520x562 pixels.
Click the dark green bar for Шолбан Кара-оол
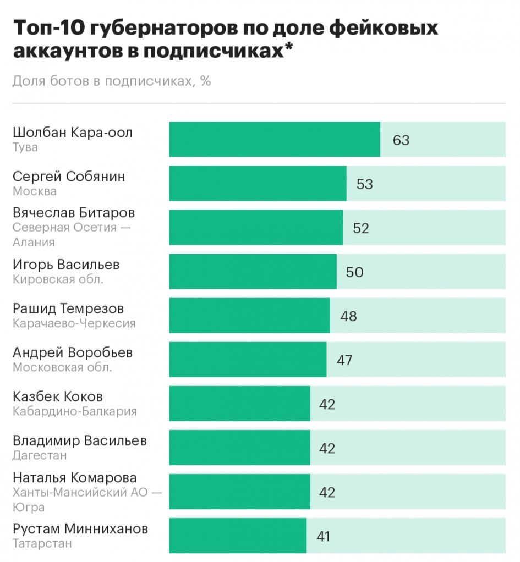[x=274, y=140]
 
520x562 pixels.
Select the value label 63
[x=401, y=140]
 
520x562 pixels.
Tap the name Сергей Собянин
[x=69, y=177]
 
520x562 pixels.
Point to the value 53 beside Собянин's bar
[x=365, y=184]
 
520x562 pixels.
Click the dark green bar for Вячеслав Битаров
[x=256, y=228]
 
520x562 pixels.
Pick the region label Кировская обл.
[x=58, y=279]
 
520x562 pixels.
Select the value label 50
[x=355, y=272]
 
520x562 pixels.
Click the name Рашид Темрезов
[x=68, y=309]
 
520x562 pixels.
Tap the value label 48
[x=348, y=316]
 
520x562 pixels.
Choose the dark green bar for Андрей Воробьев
[x=248, y=360]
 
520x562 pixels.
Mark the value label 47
[x=344, y=360]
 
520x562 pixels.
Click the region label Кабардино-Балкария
[x=75, y=411]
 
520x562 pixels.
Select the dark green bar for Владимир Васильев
[x=239, y=448]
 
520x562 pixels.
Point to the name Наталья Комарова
[x=75, y=478]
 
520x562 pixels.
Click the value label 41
[x=323, y=536]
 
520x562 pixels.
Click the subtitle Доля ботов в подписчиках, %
[x=112, y=81]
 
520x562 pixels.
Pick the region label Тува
[x=25, y=147]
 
